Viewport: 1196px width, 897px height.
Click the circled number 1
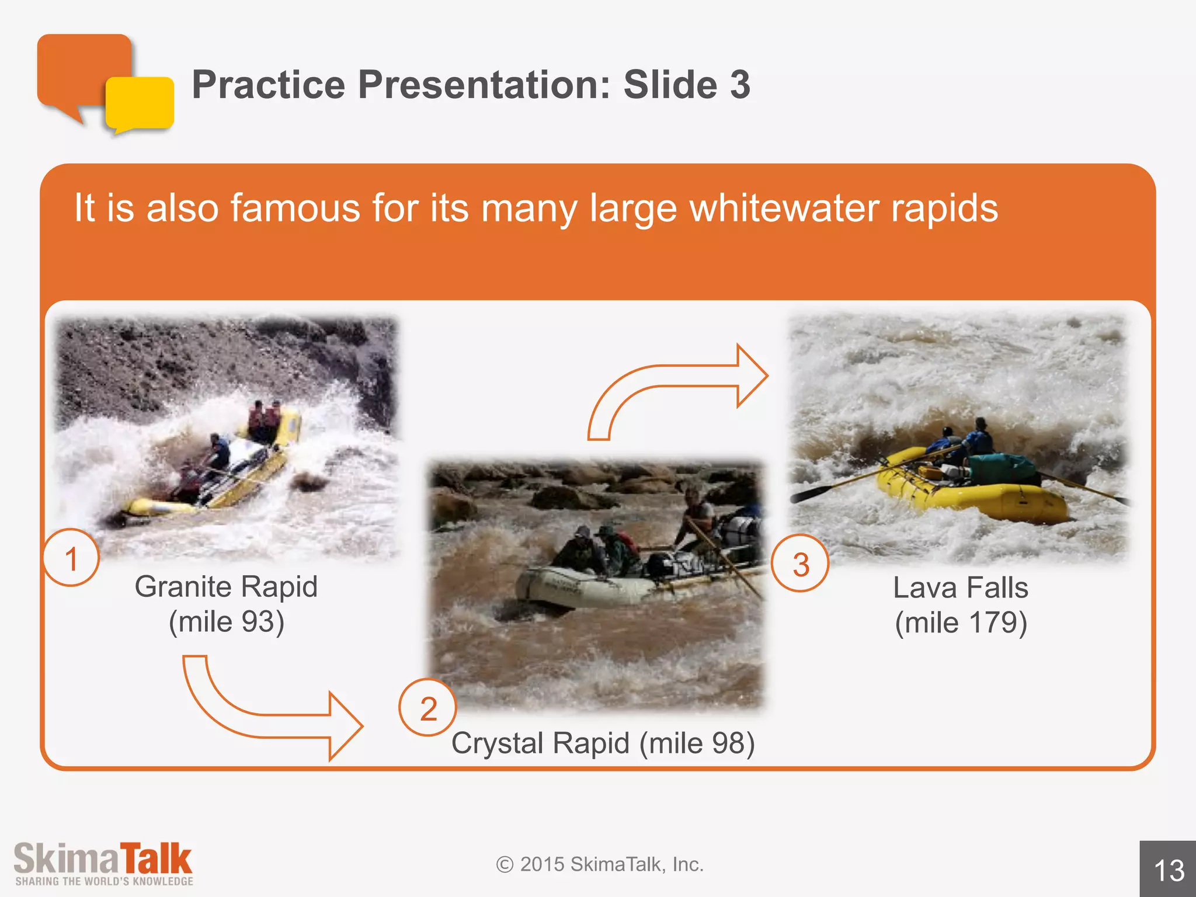(71, 558)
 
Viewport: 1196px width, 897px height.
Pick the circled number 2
(428, 708)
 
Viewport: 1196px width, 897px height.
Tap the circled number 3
(801, 564)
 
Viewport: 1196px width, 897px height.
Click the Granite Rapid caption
(226, 587)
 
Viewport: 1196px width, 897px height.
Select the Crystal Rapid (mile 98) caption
(603, 743)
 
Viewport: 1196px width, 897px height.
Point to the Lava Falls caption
(961, 588)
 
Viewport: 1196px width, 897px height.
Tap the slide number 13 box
(1168, 870)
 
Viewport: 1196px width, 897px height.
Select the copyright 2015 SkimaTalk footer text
(600, 864)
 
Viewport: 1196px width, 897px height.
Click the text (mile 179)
(961, 623)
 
